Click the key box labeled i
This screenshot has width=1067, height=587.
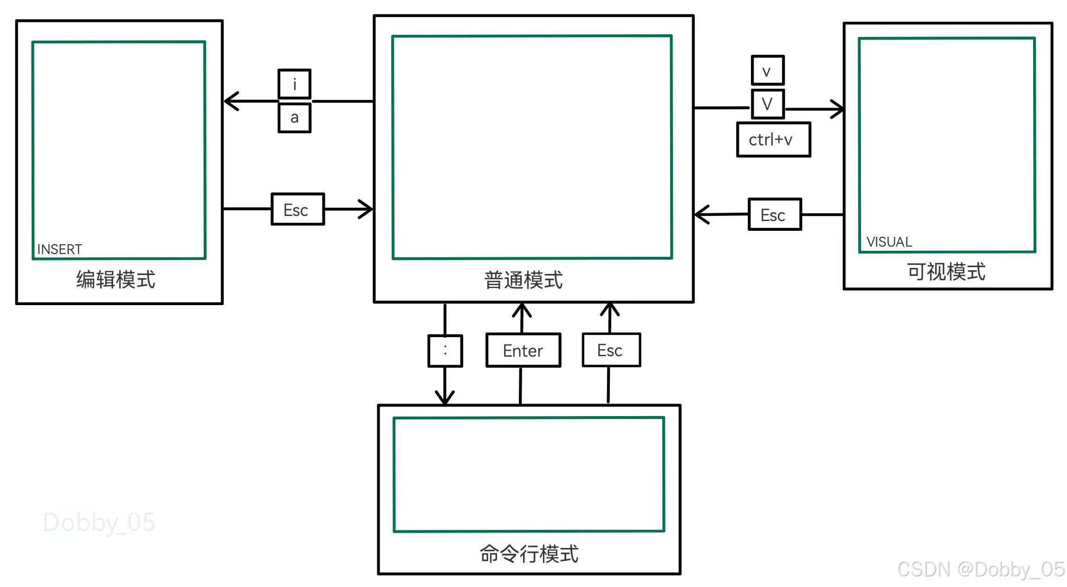pos(294,84)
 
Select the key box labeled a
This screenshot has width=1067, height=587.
pos(294,118)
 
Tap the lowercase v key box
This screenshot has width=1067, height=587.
pos(768,71)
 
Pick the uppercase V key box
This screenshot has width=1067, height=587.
pos(768,104)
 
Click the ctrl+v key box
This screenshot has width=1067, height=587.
pos(773,139)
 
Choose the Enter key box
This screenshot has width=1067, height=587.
pos(523,350)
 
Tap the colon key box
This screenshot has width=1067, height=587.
pos(445,351)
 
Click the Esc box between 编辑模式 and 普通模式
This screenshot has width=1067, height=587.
pos(297,209)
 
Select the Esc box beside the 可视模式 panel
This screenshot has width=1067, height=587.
pos(775,215)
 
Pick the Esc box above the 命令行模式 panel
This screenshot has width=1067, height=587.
pos(611,350)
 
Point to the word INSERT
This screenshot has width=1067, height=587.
pos(59,249)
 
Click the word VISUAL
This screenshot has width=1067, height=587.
pos(889,242)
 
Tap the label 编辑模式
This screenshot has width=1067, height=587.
pos(116,280)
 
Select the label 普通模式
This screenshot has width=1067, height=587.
pos(523,280)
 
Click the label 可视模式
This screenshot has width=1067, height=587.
pos(946,272)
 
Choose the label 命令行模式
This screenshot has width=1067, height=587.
pos(529,554)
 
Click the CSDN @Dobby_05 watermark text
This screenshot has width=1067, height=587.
pos(981,569)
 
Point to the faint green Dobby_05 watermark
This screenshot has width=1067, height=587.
pos(99,522)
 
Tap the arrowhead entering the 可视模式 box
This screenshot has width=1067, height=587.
pos(838,109)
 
